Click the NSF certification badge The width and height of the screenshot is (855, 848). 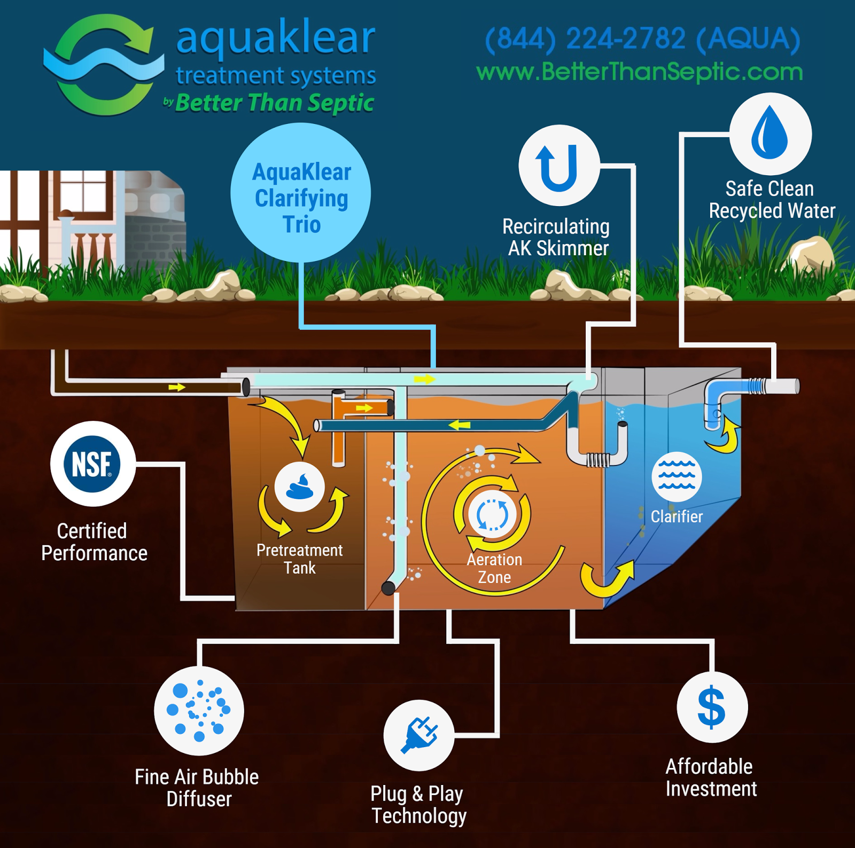click(x=92, y=464)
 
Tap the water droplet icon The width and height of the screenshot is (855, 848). click(x=770, y=133)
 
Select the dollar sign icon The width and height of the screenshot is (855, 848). click(x=712, y=707)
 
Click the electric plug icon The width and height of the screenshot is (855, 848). click(x=419, y=735)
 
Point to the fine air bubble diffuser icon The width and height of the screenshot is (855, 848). click(x=199, y=710)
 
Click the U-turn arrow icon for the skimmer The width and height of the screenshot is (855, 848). click(x=558, y=166)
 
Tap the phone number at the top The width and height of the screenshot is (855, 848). click(x=642, y=39)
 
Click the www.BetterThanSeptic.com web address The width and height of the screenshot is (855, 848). click(x=639, y=72)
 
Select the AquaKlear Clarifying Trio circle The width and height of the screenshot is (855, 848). click(x=301, y=193)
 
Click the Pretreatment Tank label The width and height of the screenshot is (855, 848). click(x=300, y=559)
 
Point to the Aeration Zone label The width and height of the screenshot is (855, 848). click(x=494, y=568)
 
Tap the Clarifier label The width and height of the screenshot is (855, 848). click(x=677, y=516)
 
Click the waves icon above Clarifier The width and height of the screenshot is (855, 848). click(x=677, y=476)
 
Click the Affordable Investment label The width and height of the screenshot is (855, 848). click(x=711, y=778)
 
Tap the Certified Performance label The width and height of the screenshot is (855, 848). click(x=94, y=542)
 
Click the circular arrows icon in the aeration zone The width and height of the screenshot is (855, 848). click(x=492, y=514)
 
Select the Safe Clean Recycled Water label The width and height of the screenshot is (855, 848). click(x=771, y=200)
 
